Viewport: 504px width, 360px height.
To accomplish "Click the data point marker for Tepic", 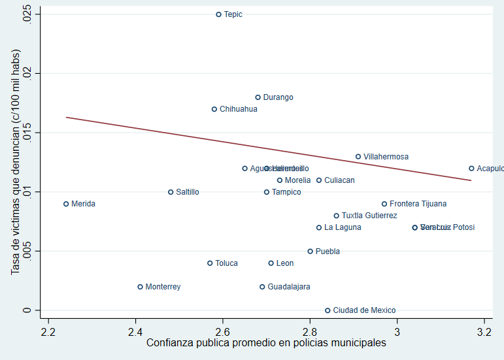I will click(219, 14).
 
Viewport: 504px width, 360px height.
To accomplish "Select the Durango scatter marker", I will click(258, 97).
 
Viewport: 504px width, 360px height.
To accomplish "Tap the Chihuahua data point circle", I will click(214, 109).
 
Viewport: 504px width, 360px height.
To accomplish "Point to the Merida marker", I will click(66, 204).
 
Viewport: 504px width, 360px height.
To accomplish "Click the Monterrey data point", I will click(141, 287).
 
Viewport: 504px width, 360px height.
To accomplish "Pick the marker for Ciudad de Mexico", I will click(328, 310).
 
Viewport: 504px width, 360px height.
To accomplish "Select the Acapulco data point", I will click(471, 169).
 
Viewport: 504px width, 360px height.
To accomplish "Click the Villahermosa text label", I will click(386, 157).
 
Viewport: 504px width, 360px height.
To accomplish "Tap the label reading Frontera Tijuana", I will click(418, 204).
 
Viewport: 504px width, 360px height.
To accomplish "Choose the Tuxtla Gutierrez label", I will click(369, 216).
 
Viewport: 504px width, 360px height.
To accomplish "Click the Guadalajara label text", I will click(289, 287).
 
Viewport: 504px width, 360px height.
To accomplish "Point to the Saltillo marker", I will click(171, 192).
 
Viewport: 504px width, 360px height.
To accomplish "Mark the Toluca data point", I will click(210, 263).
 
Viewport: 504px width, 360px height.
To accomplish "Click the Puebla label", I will click(328, 252).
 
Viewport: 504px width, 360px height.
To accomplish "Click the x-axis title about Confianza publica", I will click(265, 342).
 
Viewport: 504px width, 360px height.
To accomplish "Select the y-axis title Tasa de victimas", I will click(16, 162).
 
